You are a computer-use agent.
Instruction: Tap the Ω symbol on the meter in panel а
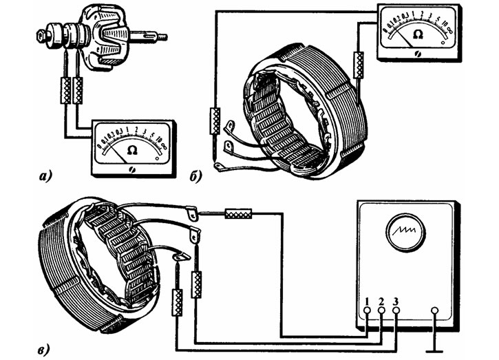tap(133, 149)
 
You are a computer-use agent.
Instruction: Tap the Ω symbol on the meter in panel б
tap(416, 33)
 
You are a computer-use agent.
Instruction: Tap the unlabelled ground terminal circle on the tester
tap(434, 311)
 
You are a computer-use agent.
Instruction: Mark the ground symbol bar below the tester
tap(434, 348)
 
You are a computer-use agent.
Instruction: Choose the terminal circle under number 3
tap(396, 311)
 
